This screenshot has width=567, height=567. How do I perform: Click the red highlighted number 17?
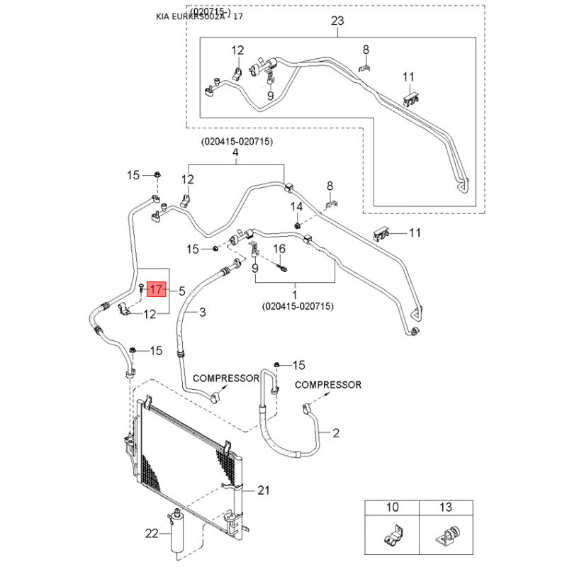tap(157, 290)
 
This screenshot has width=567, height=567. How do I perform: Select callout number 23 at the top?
tap(337, 21)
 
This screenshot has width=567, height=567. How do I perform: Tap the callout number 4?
tap(236, 153)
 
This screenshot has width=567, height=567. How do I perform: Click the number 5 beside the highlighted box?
tap(183, 290)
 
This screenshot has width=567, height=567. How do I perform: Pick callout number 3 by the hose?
tap(202, 312)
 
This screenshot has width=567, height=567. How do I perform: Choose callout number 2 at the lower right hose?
tap(336, 432)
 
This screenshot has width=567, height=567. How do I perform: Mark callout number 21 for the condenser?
tap(264, 490)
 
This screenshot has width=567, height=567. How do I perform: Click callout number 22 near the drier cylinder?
tap(150, 534)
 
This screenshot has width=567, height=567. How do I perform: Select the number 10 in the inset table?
tap(392, 507)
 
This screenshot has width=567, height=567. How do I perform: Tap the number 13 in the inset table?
tap(446, 507)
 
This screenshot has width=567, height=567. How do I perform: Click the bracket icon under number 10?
tap(392, 535)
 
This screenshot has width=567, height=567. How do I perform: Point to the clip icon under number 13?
tap(446, 535)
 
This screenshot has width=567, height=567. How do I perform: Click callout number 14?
tap(297, 206)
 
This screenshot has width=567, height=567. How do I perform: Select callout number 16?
tap(279, 249)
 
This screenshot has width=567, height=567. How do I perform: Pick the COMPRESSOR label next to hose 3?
tap(226, 378)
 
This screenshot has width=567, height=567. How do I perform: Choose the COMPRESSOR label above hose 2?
tap(327, 385)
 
